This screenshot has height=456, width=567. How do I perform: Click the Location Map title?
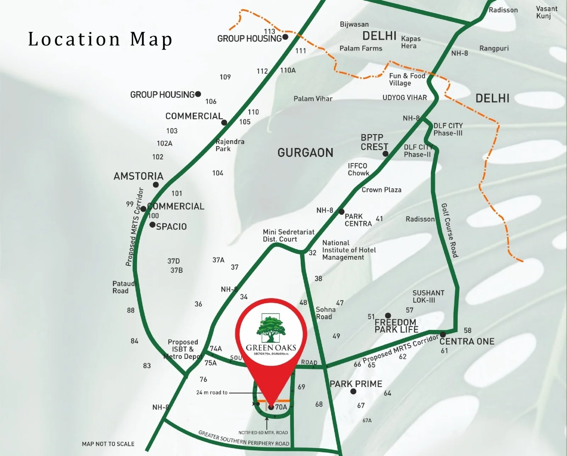(x=100, y=39)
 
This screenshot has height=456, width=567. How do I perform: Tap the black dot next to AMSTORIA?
(x=156, y=185)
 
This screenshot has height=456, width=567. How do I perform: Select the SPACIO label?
(x=171, y=227)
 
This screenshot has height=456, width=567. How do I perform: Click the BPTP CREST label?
(x=374, y=142)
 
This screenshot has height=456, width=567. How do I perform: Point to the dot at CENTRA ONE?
(x=443, y=334)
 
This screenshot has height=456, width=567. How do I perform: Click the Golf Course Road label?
(x=450, y=230)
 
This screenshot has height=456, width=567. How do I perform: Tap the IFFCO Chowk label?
(x=358, y=169)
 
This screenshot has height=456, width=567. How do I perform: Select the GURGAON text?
(x=305, y=153)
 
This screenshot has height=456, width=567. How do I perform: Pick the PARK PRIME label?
(x=356, y=384)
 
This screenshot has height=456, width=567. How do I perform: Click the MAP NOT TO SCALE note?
(x=108, y=444)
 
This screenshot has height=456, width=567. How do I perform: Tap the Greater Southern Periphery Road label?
(x=244, y=439)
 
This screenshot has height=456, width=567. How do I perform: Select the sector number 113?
(x=269, y=31)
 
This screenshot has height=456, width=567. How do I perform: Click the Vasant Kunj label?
(x=546, y=12)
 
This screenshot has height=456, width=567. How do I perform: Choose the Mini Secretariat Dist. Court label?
(x=288, y=236)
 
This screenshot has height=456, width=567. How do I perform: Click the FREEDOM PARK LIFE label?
(x=396, y=326)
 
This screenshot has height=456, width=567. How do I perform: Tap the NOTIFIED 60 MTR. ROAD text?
(x=263, y=433)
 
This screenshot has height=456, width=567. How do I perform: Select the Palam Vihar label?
(x=313, y=99)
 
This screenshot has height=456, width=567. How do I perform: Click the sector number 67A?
(x=367, y=421)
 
